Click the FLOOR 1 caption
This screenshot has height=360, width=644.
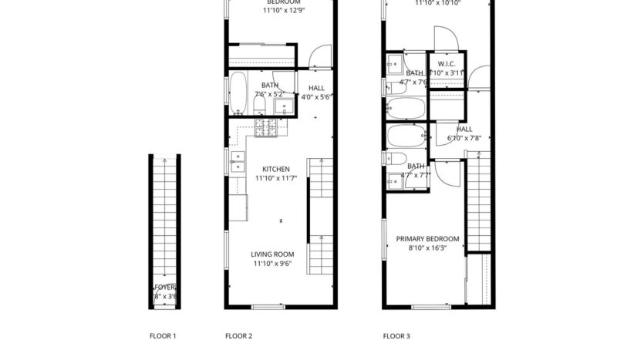(x=163, y=336)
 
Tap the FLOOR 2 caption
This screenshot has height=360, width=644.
(x=238, y=336)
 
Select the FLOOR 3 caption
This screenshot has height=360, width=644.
(x=396, y=336)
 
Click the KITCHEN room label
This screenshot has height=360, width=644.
(x=275, y=170)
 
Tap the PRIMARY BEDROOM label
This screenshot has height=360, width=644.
(x=428, y=239)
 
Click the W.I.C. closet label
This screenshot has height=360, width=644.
(x=447, y=63)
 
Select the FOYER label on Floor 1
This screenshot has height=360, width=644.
(x=164, y=288)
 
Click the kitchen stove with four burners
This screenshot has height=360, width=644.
(x=268, y=129)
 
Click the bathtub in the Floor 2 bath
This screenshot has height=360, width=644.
(x=238, y=93)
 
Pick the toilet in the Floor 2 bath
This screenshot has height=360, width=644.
(x=259, y=103)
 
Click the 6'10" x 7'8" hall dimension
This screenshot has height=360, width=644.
(x=464, y=139)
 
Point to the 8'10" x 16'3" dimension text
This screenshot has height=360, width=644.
(x=428, y=248)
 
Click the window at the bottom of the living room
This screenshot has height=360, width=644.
(x=268, y=308)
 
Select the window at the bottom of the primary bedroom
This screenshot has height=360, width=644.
(x=430, y=308)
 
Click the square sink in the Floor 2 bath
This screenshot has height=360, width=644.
(x=282, y=106)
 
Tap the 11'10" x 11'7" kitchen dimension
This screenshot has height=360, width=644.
(x=275, y=179)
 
